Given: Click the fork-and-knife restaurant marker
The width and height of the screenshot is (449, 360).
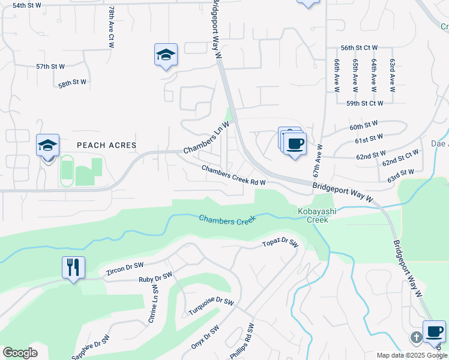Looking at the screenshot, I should click(73, 267).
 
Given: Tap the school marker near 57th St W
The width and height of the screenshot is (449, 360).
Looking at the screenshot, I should click(166, 55).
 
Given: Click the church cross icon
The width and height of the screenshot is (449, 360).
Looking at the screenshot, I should click(416, 337).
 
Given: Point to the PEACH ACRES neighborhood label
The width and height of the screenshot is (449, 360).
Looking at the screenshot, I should click(107, 145).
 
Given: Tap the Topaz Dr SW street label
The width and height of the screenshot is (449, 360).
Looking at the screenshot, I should click(280, 243).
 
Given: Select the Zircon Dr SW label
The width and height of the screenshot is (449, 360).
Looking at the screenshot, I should click(125, 269).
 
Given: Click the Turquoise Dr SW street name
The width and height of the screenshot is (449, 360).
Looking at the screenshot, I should click(211, 306).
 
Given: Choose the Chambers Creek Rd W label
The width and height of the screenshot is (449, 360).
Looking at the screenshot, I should click(234, 175).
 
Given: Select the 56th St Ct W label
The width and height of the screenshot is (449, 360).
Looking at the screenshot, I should click(359, 47).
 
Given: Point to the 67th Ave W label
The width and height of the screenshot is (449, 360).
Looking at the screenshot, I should click(317, 160).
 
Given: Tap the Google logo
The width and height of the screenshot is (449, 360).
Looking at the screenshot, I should click(20, 353).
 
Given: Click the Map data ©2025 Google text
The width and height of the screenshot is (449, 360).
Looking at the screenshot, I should click(411, 355).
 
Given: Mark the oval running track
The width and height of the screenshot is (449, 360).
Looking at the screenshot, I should click(67, 170).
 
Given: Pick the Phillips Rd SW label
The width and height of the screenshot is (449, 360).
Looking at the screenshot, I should click(243, 341).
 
